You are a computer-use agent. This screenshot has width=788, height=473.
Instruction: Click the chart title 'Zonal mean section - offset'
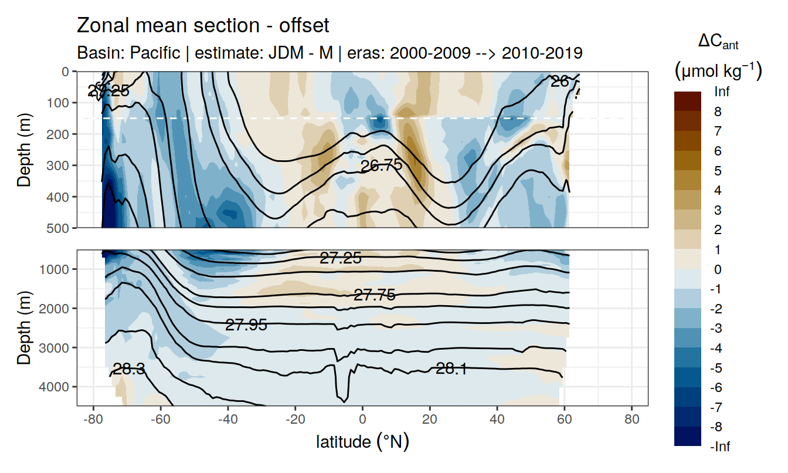pyautogui.click(x=203, y=26)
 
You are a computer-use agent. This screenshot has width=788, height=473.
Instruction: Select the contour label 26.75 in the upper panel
pyautogui.click(x=381, y=165)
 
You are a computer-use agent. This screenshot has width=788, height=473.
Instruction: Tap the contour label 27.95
pyautogui.click(x=246, y=325)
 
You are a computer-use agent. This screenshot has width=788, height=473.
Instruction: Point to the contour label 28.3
pyautogui.click(x=129, y=369)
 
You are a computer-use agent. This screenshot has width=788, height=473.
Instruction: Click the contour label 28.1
pyautogui.click(x=451, y=369)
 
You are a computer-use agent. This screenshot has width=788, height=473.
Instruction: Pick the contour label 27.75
pyautogui.click(x=374, y=296)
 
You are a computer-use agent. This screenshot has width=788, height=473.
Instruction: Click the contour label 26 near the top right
pyautogui.click(x=560, y=82)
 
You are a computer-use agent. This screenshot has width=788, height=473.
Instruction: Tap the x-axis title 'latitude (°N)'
pyautogui.click(x=362, y=441)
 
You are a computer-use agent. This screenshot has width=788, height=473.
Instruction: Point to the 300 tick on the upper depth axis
pyautogui.click(x=59, y=165)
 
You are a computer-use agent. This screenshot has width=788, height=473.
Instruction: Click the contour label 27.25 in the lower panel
pyautogui.click(x=340, y=258)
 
